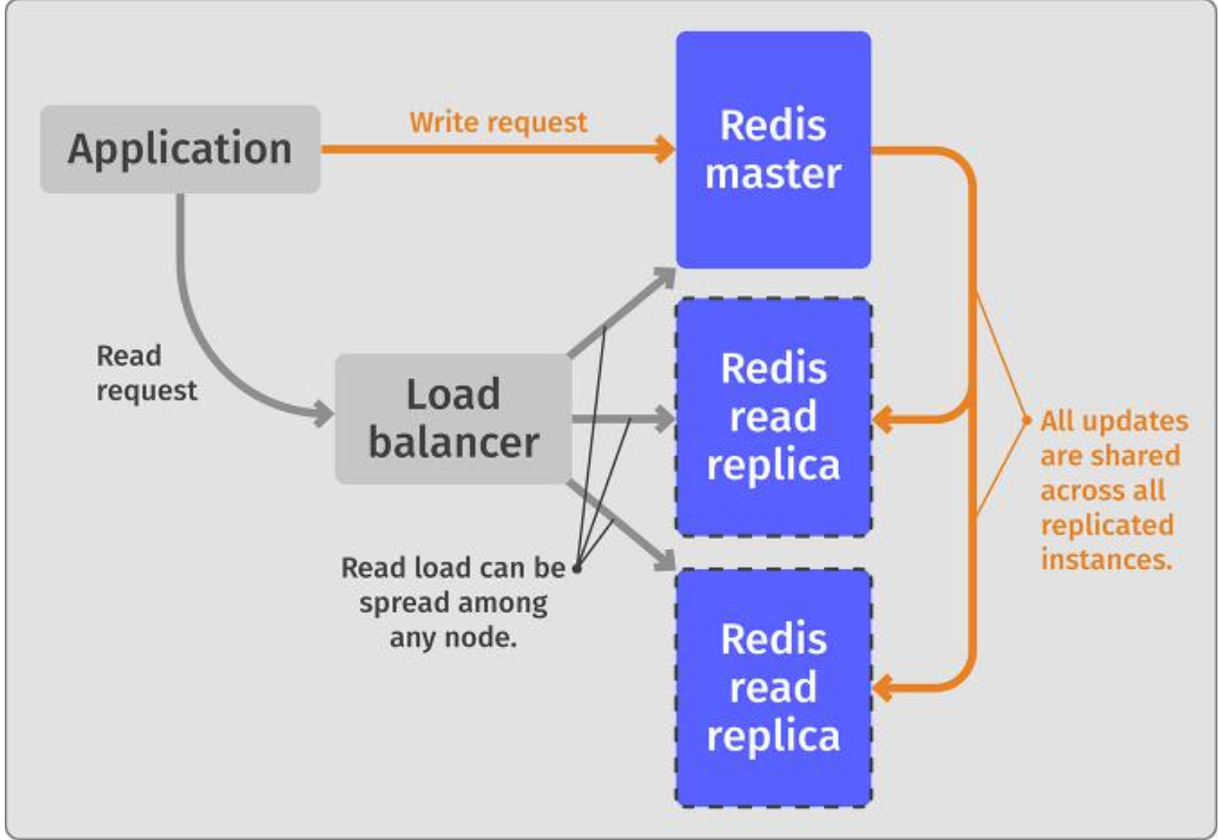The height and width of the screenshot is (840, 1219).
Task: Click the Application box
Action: pyautogui.click(x=180, y=149)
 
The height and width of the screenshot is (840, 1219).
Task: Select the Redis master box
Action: pyautogui.click(x=773, y=149)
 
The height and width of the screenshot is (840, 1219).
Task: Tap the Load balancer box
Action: pyautogui.click(x=453, y=418)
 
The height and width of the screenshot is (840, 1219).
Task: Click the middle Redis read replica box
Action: pyautogui.click(x=773, y=417)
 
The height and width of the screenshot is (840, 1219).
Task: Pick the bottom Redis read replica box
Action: pyautogui.click(x=773, y=687)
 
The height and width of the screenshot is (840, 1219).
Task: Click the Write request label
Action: pyautogui.click(x=498, y=123)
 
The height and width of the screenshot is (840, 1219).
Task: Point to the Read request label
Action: pyautogui.click(x=146, y=373)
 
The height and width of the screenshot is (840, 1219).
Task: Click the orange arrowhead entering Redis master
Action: pyautogui.click(x=665, y=149)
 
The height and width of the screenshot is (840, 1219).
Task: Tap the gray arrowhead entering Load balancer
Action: pyautogui.click(x=323, y=413)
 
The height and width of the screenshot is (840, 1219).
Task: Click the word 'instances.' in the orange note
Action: pyautogui.click(x=1106, y=560)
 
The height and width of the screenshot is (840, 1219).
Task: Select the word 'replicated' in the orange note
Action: pyautogui.click(x=1107, y=525)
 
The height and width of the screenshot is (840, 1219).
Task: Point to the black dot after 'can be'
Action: pyautogui.click(x=577, y=568)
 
